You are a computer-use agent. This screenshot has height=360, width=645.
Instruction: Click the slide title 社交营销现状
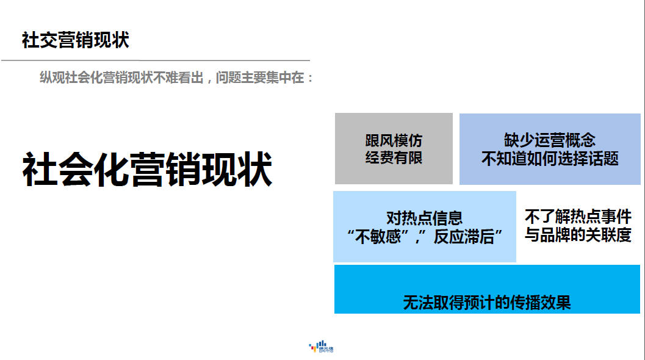75,40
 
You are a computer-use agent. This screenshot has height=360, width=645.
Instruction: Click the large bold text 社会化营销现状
147,169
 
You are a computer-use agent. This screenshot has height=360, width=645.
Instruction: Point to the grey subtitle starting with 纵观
176,77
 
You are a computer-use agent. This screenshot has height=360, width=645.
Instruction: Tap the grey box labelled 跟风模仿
394,148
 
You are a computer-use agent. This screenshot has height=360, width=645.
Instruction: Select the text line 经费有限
394,157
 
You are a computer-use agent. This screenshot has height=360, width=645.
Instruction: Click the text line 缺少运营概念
550,140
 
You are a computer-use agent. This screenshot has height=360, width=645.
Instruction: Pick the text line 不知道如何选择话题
550,159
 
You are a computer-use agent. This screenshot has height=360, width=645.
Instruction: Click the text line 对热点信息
425,218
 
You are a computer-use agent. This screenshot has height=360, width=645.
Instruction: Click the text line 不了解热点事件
578,217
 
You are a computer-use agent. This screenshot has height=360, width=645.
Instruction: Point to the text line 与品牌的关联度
578,235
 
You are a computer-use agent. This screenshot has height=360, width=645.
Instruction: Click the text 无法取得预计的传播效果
487,303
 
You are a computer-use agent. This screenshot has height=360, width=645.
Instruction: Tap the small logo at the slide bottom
321,347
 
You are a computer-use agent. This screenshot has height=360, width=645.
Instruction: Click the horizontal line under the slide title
156,60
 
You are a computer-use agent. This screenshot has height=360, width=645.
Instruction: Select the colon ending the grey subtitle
310,78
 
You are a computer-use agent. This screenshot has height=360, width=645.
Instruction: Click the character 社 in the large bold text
40,169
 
